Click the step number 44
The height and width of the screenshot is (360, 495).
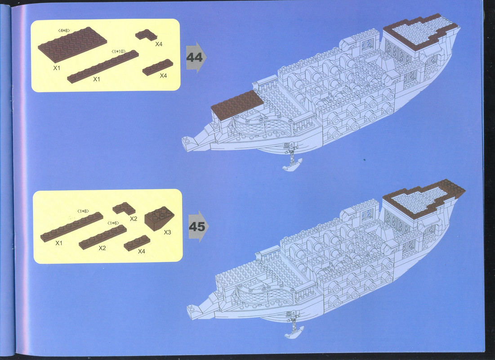click(195, 57)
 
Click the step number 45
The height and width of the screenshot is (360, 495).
click(197, 226)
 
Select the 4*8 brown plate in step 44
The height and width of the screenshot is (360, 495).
click(72, 44)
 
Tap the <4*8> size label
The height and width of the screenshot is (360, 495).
click(64, 30)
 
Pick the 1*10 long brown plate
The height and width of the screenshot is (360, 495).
click(103, 67)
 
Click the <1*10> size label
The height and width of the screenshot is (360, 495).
click(118, 51)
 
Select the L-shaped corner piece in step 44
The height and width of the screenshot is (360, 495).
click(146, 35)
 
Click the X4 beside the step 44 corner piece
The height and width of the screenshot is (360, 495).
click(159, 44)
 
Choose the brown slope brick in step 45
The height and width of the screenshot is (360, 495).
click(160, 218)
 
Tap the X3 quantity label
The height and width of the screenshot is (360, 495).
click(167, 232)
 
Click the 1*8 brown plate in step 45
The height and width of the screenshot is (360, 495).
click(71, 227)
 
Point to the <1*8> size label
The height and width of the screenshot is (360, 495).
click(83, 211)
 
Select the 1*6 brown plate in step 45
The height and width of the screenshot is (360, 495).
click(103, 237)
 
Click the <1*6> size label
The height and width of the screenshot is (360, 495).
click(113, 223)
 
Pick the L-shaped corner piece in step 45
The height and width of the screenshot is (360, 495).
click(124, 208)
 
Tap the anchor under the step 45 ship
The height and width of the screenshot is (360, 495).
click(294, 325)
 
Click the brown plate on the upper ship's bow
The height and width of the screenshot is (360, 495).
click(237, 105)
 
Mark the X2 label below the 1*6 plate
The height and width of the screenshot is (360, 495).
click(102, 248)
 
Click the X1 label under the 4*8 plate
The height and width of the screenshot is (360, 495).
click(57, 68)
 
